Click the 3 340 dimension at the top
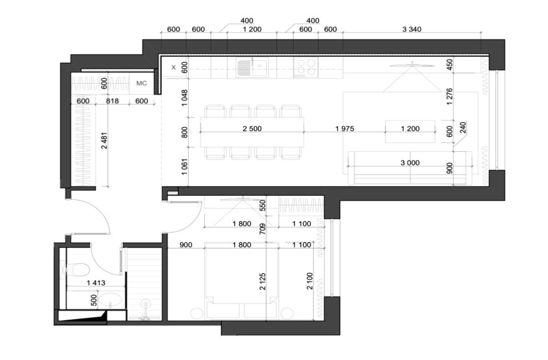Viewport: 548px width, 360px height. [412, 29]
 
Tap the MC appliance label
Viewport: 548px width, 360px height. [142, 83]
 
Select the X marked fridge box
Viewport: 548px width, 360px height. [174, 67]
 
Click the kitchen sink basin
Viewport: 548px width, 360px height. [260, 67]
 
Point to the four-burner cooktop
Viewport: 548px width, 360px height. [306, 67]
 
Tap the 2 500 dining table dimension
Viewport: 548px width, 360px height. [252, 129]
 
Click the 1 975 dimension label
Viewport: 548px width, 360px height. [344, 129]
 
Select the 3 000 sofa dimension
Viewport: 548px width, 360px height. [410, 163]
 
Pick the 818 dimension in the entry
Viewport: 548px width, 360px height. [113, 101]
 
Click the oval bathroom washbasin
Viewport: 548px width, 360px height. [110, 300]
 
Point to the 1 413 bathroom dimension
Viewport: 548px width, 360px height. [96, 283]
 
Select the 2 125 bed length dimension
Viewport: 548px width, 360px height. [262, 282]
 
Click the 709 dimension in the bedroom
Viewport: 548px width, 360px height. [262, 229]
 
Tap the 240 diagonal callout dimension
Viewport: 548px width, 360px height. [463, 128]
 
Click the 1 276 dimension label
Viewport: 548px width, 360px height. [450, 97]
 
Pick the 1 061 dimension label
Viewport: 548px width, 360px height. [184, 167]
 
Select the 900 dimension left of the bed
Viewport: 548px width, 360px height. [186, 245]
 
